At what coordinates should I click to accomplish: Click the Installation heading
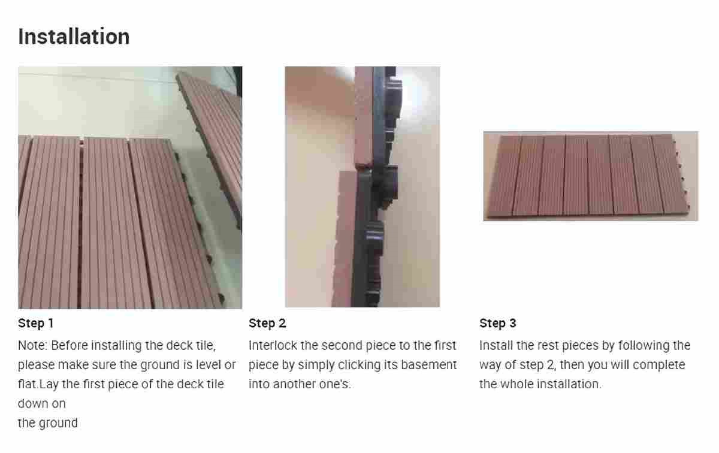click(74, 37)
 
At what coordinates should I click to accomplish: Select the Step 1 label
click(36, 324)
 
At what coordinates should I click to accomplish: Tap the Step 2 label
click(267, 324)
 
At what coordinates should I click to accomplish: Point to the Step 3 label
click(497, 324)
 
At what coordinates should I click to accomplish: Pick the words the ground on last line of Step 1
click(48, 423)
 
